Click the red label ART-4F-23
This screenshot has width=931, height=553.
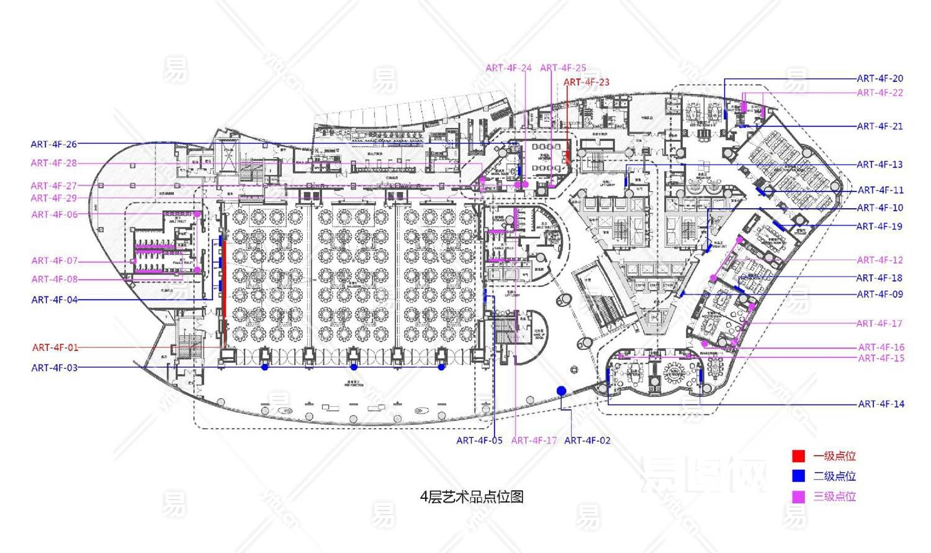(x=586, y=82)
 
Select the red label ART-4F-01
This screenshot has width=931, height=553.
(x=55, y=347)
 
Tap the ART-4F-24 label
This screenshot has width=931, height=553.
(x=508, y=68)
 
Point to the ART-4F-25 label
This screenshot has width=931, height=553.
(x=563, y=68)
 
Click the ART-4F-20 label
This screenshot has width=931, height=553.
(x=880, y=78)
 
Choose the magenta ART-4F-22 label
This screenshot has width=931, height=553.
(x=880, y=93)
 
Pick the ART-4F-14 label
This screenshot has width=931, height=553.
(x=881, y=404)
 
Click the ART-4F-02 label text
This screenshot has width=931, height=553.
(x=587, y=441)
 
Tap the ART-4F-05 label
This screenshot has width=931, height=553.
(x=479, y=441)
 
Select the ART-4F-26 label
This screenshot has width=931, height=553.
(x=54, y=144)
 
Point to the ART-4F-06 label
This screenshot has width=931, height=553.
(x=55, y=214)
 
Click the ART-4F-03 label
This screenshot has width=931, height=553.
(x=55, y=368)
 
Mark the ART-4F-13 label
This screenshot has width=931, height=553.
(x=880, y=165)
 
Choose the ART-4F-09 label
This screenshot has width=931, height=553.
(x=880, y=295)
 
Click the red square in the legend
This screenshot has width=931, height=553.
(x=798, y=456)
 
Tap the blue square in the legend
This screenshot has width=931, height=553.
(x=798, y=476)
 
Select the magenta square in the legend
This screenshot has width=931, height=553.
(x=798, y=496)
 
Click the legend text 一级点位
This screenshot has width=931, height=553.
(x=835, y=456)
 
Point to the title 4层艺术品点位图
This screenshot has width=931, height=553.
(x=472, y=497)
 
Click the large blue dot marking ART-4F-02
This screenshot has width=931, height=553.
(x=561, y=390)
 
